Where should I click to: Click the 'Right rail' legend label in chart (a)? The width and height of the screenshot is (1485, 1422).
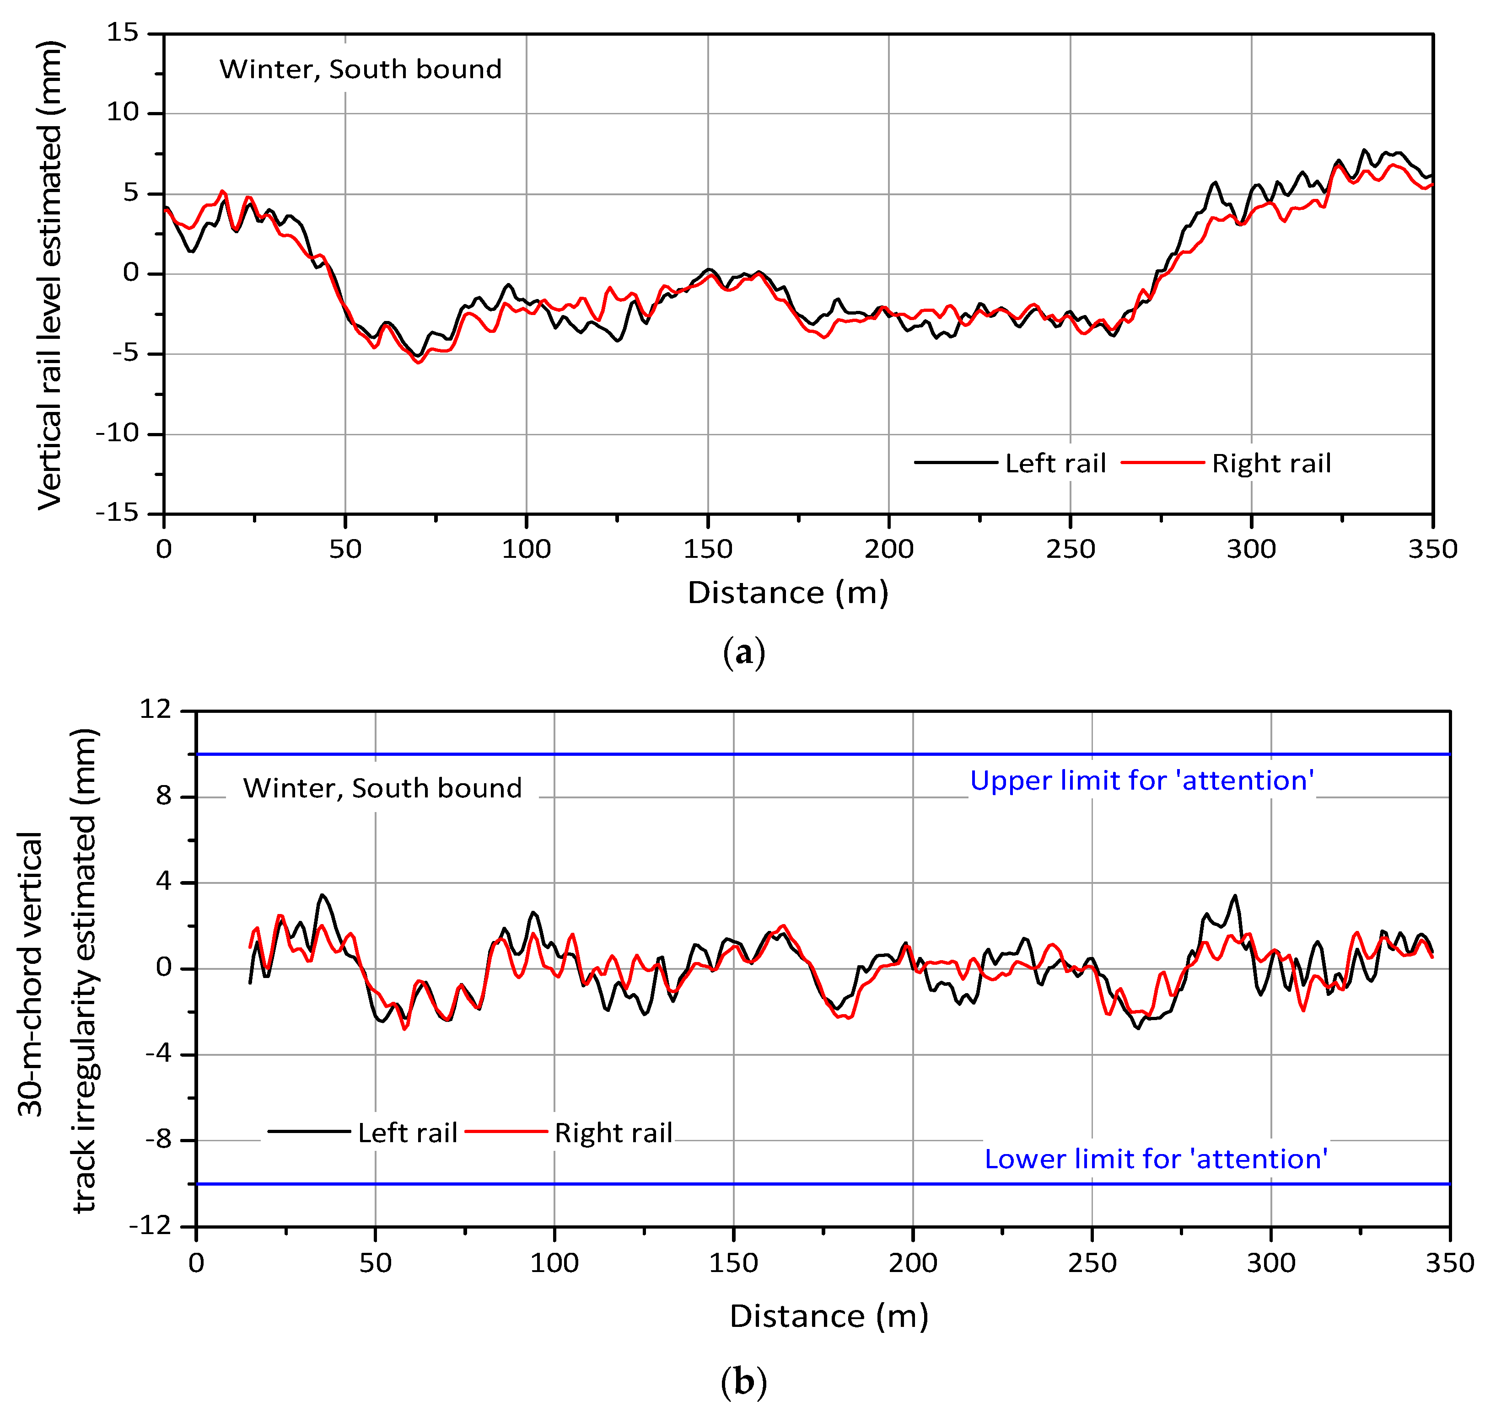[1271, 463]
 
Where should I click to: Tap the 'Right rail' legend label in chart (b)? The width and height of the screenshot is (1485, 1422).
[613, 1133]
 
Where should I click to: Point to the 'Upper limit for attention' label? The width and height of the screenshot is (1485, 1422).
[1142, 780]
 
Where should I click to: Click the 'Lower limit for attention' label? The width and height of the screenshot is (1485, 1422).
[1156, 1159]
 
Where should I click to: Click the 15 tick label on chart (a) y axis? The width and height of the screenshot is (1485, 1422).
[123, 32]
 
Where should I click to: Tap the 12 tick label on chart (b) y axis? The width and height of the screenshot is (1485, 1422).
[156, 710]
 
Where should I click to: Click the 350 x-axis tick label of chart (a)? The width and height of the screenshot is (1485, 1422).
[1432, 550]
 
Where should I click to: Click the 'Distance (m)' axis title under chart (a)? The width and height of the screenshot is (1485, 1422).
[787, 593]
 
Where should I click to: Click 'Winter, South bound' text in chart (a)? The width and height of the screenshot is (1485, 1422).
[360, 69]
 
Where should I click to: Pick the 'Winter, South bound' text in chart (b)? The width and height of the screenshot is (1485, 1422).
[382, 788]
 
